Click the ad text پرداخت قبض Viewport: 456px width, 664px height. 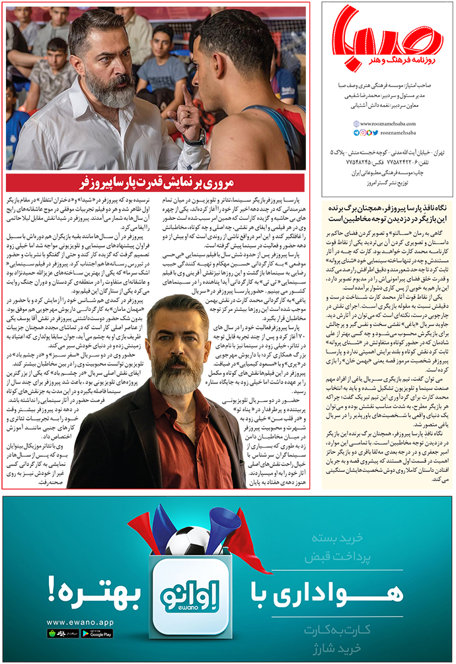pos(334,558)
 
